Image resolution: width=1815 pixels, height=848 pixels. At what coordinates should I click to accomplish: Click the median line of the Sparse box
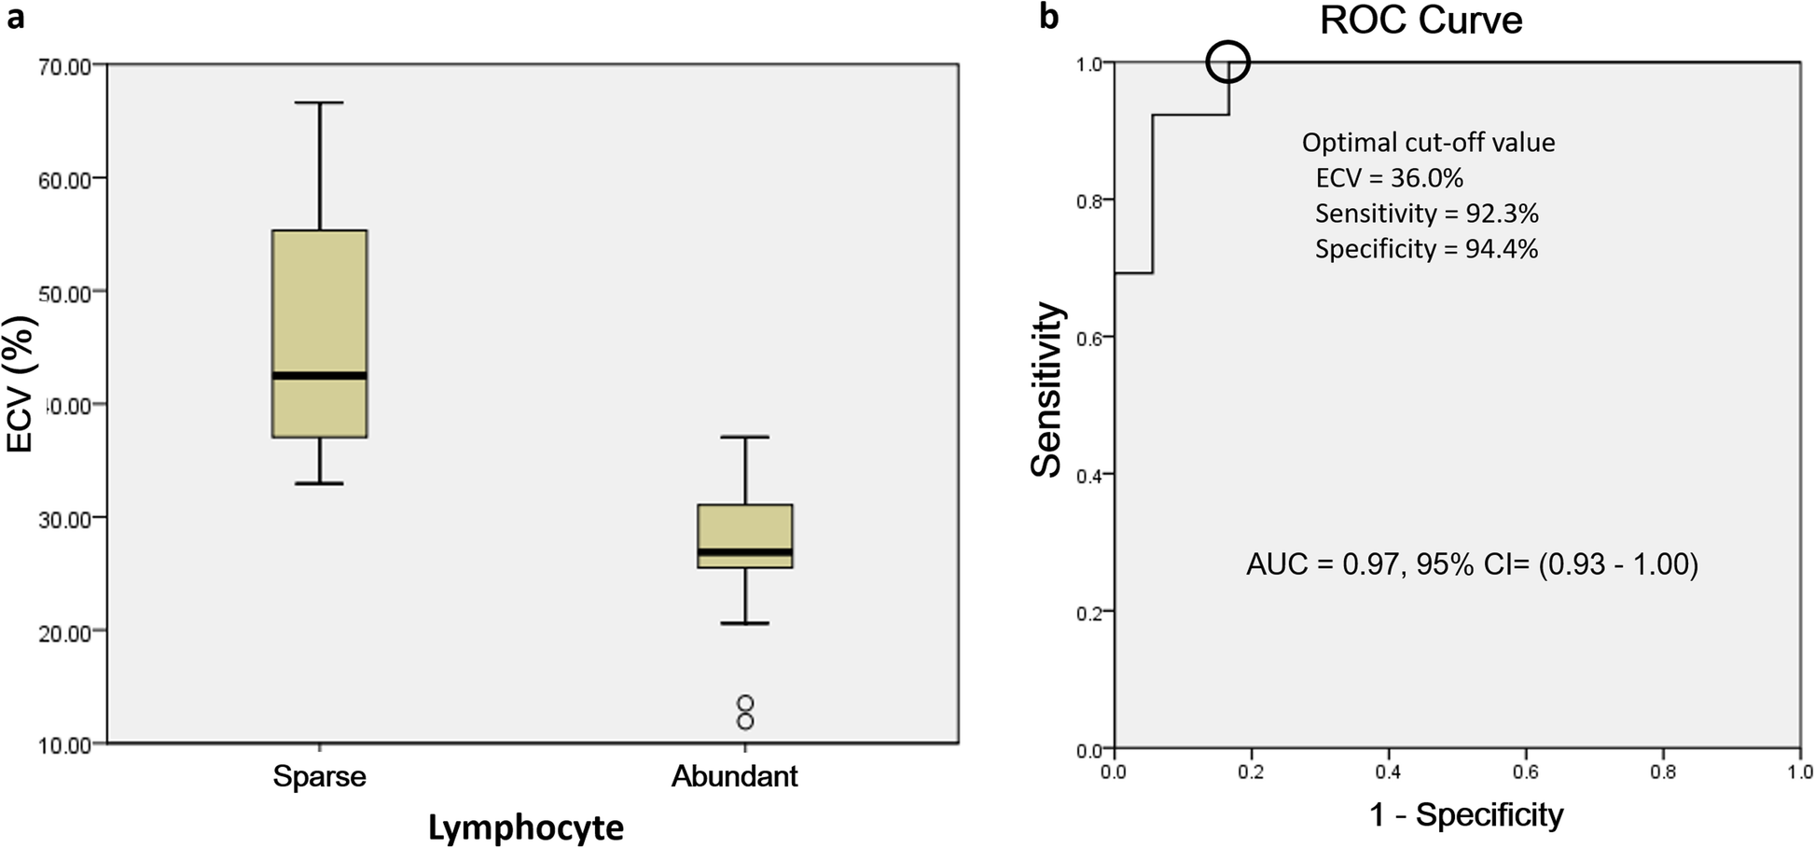(x=320, y=376)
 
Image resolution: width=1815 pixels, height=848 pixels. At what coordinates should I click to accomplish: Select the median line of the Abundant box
(x=745, y=552)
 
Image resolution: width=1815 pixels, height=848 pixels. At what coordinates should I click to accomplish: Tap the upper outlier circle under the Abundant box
(x=745, y=702)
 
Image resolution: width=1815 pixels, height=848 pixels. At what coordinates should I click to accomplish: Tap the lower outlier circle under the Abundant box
(x=745, y=721)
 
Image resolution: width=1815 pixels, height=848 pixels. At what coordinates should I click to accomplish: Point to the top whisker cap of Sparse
(x=320, y=103)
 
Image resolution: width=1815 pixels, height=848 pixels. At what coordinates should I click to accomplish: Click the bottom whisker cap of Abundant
(x=745, y=622)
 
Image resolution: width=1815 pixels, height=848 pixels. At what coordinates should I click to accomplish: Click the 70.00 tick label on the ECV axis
(x=65, y=66)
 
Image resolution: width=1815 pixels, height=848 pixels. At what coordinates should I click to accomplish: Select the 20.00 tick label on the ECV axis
(x=65, y=633)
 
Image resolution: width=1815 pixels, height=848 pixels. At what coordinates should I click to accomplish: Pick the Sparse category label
(x=319, y=776)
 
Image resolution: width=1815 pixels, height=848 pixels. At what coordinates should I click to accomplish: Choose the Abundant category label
(x=735, y=776)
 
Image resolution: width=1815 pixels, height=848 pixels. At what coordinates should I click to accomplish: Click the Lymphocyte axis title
(x=526, y=827)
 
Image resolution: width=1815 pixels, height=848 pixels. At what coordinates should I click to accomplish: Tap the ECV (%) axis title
(x=20, y=383)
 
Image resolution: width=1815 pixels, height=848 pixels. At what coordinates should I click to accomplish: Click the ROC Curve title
(x=1420, y=21)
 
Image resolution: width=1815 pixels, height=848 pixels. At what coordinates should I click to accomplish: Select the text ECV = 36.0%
(x=1389, y=178)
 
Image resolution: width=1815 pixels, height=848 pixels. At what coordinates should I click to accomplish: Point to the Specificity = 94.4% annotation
(x=1426, y=249)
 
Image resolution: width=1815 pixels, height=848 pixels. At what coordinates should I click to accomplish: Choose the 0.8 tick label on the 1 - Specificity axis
(x=1663, y=772)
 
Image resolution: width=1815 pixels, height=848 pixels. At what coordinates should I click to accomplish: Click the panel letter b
(x=1049, y=17)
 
